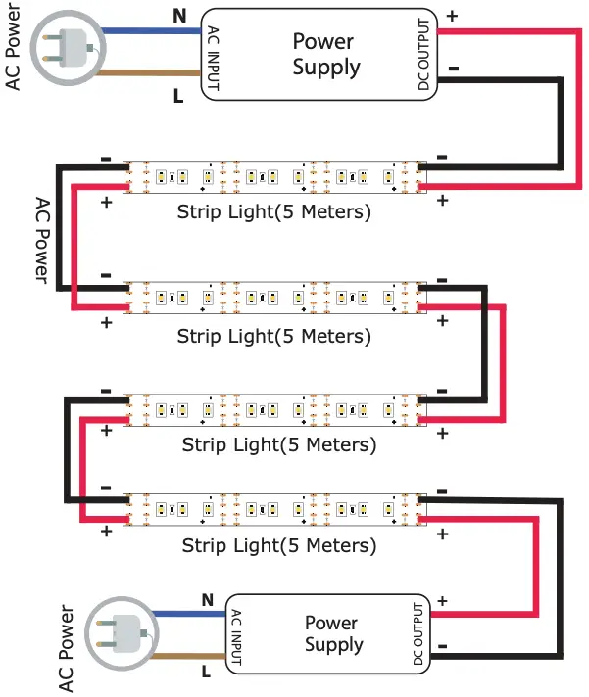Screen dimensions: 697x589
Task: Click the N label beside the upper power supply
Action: tap(178, 15)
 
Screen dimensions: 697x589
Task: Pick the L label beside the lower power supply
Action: tap(207, 673)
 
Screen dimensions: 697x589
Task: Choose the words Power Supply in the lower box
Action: tap(333, 633)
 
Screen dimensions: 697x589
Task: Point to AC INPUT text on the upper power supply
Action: tap(213, 59)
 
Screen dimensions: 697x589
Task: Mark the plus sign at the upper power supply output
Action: tap(451, 17)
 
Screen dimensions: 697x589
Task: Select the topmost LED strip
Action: tap(274, 176)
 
